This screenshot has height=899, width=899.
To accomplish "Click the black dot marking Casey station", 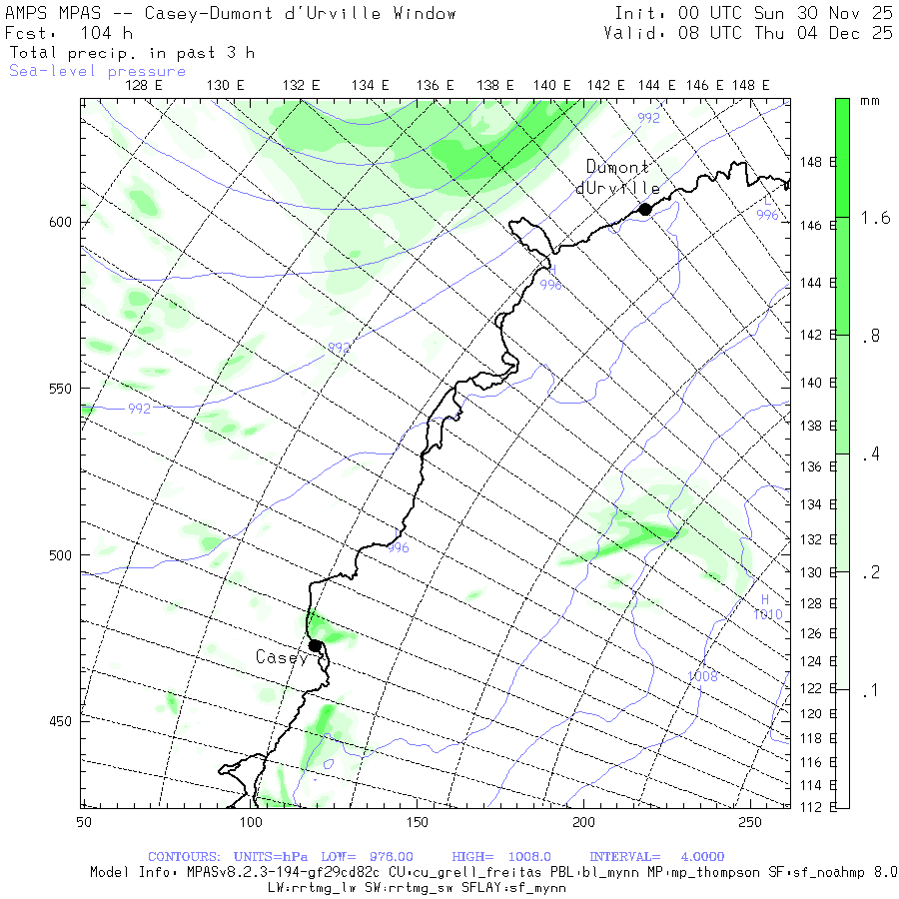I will click(x=315, y=645).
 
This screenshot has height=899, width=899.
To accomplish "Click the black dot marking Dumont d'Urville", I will click(x=645, y=209).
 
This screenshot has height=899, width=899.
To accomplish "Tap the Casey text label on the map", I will click(x=282, y=657).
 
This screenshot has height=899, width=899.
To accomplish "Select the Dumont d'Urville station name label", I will click(x=618, y=178).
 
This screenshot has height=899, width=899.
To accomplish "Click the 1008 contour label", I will click(x=702, y=676).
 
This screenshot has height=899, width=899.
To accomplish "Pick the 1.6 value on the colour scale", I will click(x=876, y=218).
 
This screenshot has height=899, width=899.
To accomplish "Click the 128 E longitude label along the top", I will click(x=144, y=86).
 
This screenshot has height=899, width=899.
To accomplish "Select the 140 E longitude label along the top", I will click(x=551, y=86).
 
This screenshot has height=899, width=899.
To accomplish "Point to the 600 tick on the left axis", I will click(x=61, y=222).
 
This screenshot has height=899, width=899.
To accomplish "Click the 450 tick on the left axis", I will click(x=61, y=721).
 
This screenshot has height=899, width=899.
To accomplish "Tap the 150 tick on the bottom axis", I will click(x=417, y=821).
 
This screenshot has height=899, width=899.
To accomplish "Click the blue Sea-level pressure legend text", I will click(x=97, y=71).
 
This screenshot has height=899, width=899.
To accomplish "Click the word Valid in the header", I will click(x=630, y=33).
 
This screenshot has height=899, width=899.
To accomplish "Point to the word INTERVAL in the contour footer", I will click(x=624, y=857).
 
